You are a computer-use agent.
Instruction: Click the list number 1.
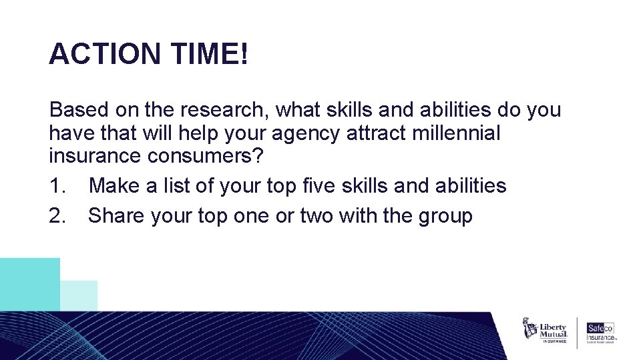56,185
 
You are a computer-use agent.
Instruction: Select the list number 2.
56,216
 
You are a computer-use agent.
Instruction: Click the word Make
112,185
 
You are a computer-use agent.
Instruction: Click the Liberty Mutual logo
545,331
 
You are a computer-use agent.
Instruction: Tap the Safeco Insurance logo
600,332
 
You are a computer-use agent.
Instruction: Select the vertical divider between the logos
577,332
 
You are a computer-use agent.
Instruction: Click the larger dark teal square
30,284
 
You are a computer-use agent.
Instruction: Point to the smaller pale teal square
79,296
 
